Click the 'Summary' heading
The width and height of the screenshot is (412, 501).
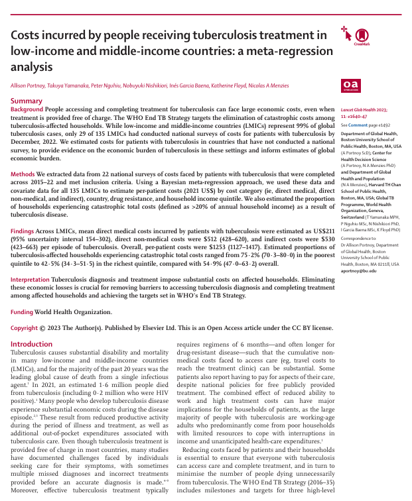click(26, 101)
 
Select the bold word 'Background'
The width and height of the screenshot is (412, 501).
click(27, 109)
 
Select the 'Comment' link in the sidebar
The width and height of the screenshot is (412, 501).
click(357, 125)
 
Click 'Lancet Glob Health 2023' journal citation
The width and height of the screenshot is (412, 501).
click(365, 109)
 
